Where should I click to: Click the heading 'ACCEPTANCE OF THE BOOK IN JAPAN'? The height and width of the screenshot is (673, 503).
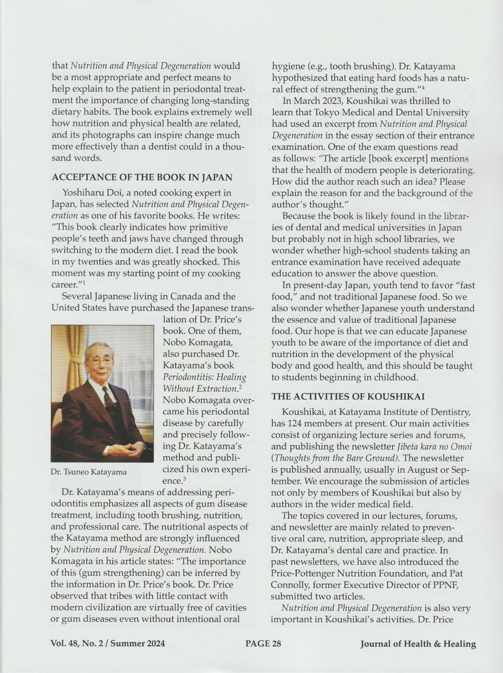pyautogui.click(x=142, y=177)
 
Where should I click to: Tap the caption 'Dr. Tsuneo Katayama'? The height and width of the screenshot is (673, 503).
pyautogui.click(x=88, y=472)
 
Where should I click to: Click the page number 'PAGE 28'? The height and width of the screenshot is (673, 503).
pyautogui.click(x=263, y=644)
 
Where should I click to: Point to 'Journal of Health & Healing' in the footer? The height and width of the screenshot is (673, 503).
pyautogui.click(x=418, y=644)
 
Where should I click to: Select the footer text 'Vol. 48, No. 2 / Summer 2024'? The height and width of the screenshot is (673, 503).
pyautogui.click(x=108, y=644)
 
